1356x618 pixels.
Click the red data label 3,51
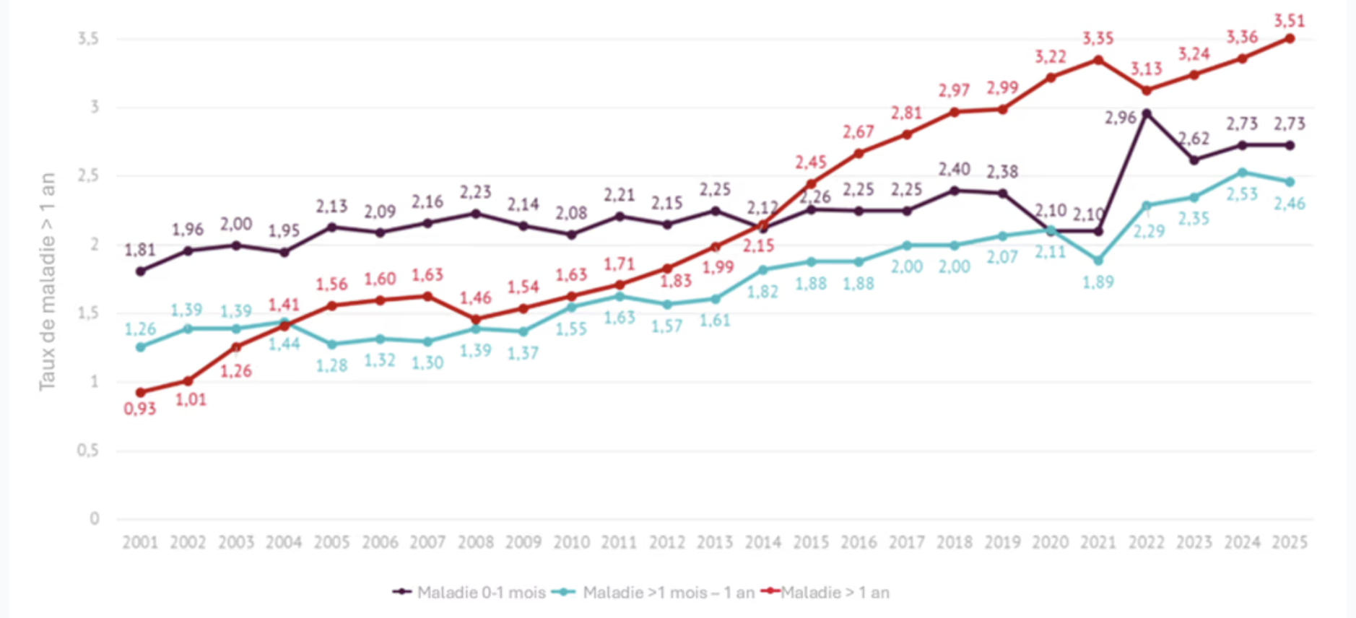[x=1289, y=20]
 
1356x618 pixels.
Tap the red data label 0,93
[x=139, y=409]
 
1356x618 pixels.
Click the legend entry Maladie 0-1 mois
[x=481, y=593]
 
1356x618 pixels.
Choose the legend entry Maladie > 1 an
[x=835, y=593]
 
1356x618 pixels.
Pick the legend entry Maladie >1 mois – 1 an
[x=668, y=593]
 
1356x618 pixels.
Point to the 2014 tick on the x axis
[x=762, y=542]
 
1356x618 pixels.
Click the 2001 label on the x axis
[x=140, y=542]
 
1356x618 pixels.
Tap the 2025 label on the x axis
[x=1290, y=542]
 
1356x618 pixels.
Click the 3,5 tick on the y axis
[x=88, y=38]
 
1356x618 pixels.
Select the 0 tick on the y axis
[x=95, y=518]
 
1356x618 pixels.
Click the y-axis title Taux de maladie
[x=47, y=282]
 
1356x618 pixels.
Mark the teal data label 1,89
[x=1098, y=282]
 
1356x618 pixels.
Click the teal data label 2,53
[x=1242, y=194]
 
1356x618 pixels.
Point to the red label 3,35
[x=1098, y=38]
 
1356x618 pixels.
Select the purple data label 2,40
[x=954, y=169]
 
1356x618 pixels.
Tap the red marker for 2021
[x=1098, y=60]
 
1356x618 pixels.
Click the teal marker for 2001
[x=140, y=347]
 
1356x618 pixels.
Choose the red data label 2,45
[x=810, y=162]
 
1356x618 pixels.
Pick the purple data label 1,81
[x=139, y=250]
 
